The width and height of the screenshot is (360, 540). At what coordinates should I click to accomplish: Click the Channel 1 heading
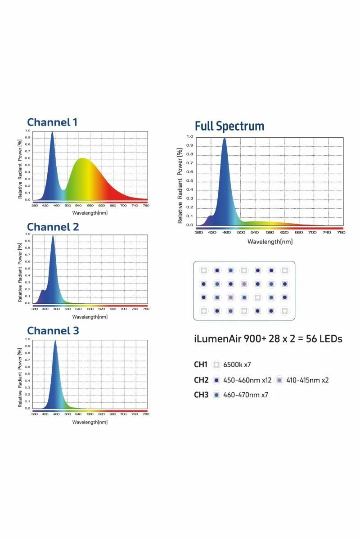[52, 122]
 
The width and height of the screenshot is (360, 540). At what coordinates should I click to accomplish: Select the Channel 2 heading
[53, 227]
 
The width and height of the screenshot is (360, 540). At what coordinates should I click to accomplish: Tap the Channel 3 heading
[53, 331]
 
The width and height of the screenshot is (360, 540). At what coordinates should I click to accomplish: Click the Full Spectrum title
[229, 126]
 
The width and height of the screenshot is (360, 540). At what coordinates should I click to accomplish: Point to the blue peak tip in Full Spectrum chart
[224, 139]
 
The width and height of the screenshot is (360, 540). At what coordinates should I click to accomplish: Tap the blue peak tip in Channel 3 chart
[55, 341]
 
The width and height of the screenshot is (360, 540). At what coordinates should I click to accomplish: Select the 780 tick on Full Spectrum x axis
[341, 233]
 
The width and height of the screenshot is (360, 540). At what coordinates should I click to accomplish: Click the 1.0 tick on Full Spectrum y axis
[189, 136]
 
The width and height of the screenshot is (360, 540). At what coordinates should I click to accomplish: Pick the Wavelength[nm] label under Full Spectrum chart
[270, 242]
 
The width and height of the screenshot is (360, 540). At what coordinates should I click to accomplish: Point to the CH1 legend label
[201, 364]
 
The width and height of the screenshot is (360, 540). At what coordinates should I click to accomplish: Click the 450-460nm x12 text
[247, 380]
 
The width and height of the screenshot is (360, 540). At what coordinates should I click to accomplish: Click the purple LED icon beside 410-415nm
[279, 380]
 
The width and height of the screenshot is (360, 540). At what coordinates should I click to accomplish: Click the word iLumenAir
[217, 339]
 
